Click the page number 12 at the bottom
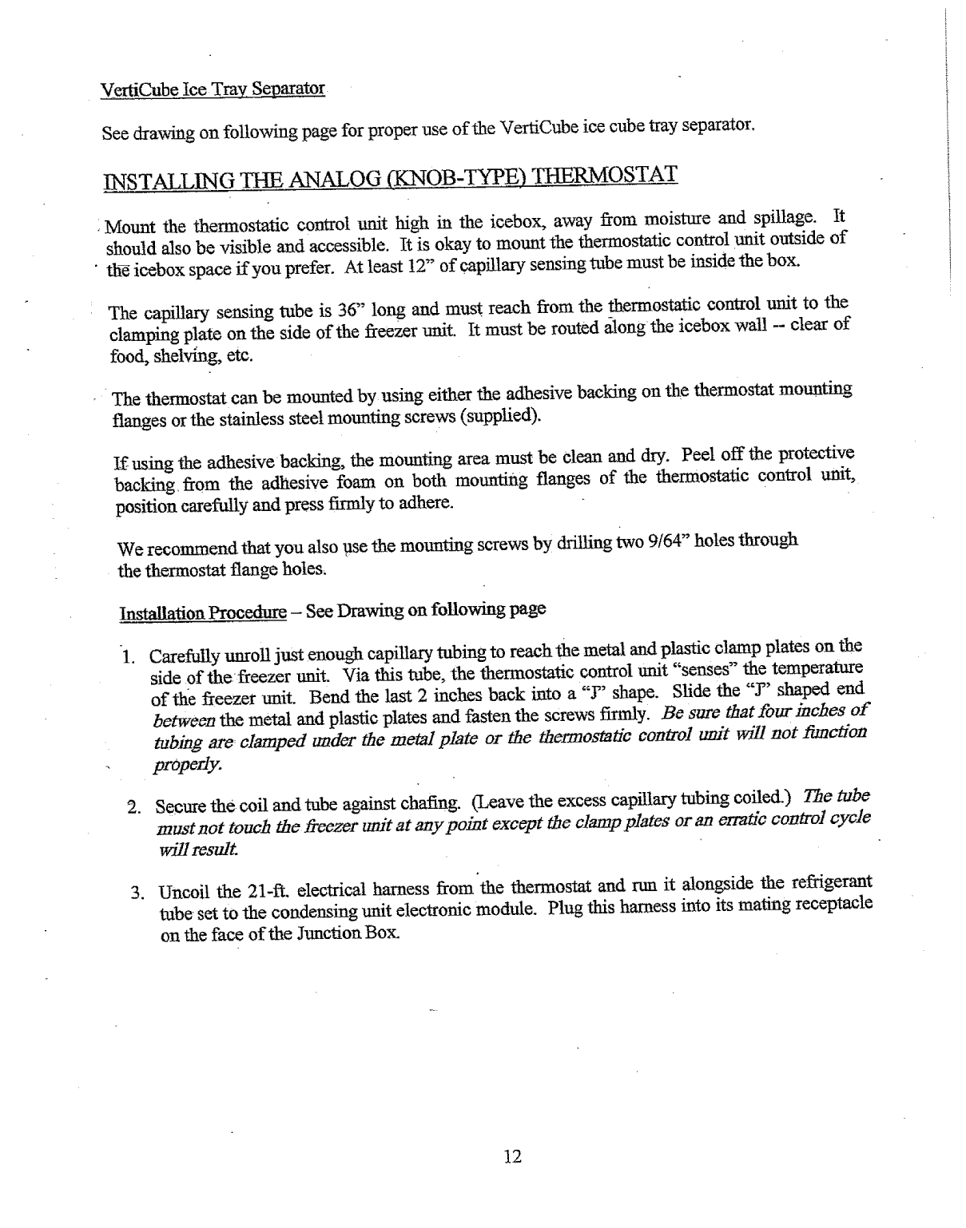pyautogui.click(x=513, y=1156)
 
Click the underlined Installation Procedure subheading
pyautogui.click(x=202, y=613)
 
